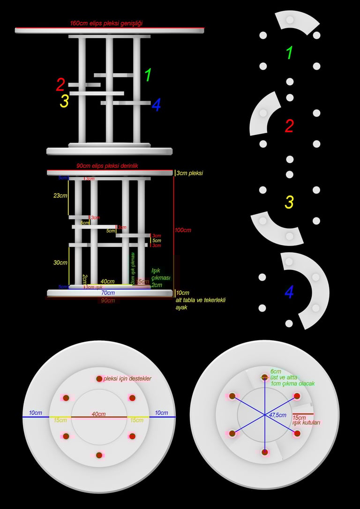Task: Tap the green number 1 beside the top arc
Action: (289, 52)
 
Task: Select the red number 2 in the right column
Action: (289, 126)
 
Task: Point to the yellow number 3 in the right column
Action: (289, 202)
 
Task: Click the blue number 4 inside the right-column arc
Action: (289, 292)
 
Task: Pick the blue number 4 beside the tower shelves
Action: (156, 105)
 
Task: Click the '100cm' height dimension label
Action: (183, 230)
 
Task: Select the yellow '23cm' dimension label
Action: (60, 195)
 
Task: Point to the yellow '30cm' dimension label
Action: (60, 262)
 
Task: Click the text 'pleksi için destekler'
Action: (127, 378)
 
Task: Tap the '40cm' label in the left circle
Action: (98, 414)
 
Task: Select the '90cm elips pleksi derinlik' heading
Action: (107, 166)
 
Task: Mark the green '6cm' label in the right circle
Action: (276, 371)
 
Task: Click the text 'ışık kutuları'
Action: (306, 422)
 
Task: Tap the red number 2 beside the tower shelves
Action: (60, 85)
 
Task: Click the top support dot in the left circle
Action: (99, 379)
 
